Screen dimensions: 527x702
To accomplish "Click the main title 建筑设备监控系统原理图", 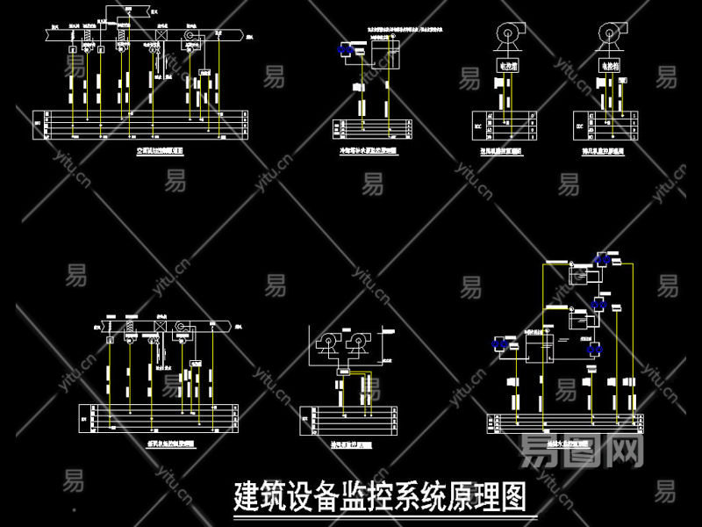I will (379, 497).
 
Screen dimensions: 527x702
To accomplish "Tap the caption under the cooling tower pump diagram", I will (368, 151).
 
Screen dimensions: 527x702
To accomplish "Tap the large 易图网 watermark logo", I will (584, 451).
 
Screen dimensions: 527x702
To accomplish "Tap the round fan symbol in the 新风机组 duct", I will (182, 326).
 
